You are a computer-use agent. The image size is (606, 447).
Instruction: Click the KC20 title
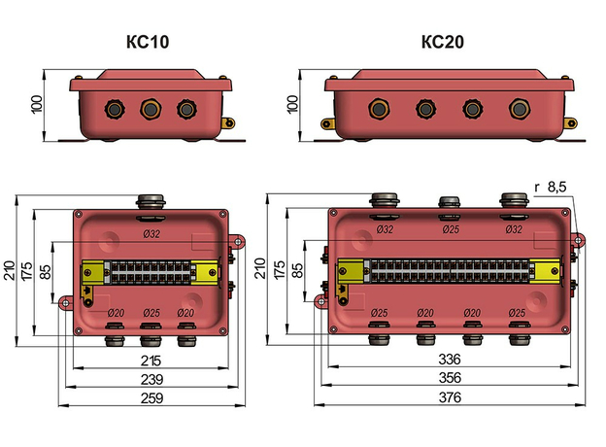pos(443,43)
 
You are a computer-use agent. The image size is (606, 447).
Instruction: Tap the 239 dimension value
pos(151,379)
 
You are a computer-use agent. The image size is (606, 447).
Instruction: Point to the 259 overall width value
pos(151,397)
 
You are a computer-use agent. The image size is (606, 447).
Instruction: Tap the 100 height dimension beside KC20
pos(293,103)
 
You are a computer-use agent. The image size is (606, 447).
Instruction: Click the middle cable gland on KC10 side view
pos(151,108)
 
